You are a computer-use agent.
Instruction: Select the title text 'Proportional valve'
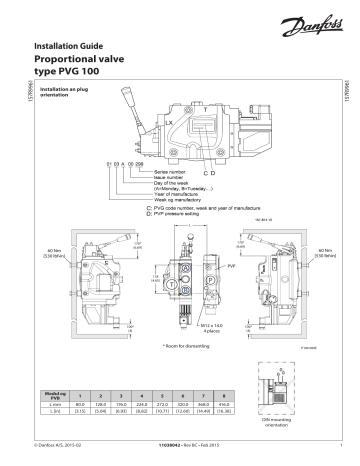91,62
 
